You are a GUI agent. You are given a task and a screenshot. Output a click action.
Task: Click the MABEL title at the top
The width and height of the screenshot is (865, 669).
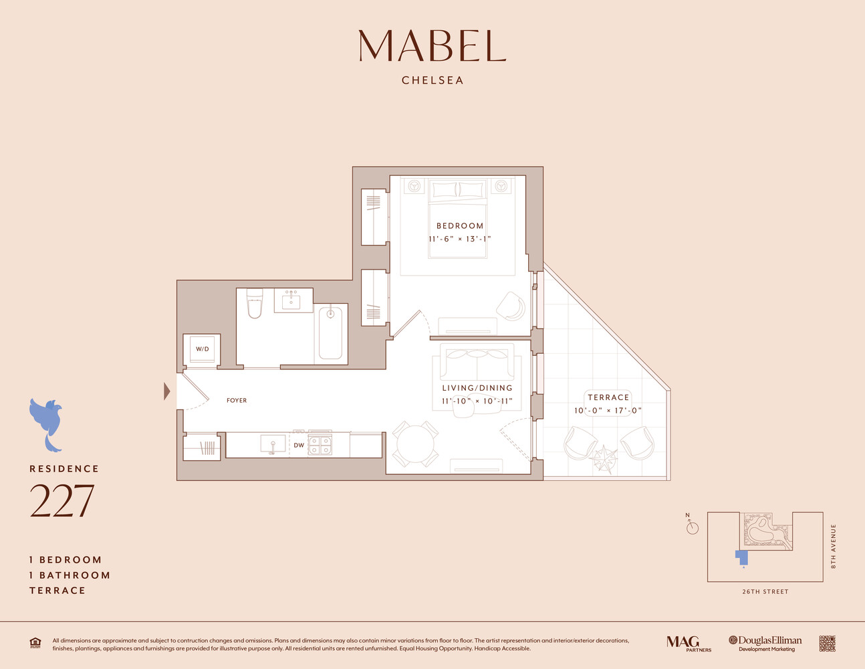(432, 46)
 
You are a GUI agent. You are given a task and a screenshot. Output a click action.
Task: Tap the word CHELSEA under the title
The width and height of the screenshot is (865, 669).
(432, 80)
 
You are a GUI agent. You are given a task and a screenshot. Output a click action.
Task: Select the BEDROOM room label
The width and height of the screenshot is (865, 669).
(460, 226)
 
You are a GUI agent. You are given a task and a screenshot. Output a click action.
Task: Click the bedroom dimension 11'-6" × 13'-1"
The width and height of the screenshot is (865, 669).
(460, 239)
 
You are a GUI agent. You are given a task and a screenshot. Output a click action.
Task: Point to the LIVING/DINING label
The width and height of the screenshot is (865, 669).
(477, 388)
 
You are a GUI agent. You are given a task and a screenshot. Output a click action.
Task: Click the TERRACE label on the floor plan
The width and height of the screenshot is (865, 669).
(608, 397)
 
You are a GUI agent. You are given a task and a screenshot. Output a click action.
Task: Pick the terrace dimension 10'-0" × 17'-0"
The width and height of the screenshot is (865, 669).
(608, 411)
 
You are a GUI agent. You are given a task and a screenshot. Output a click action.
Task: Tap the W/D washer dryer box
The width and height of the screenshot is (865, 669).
(202, 349)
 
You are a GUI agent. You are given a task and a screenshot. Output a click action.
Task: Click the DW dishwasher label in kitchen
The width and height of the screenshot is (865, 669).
(299, 445)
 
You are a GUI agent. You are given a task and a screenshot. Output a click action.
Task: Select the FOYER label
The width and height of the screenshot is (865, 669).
(237, 401)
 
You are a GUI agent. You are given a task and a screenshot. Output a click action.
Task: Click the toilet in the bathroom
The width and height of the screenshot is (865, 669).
(255, 304)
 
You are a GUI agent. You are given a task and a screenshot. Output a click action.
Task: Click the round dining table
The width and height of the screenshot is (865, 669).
(415, 444)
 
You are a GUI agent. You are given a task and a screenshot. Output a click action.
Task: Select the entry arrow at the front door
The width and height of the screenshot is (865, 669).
(167, 391)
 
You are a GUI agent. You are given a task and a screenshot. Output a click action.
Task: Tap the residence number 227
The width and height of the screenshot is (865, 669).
(61, 502)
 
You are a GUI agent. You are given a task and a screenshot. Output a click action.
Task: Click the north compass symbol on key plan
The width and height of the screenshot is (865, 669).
(692, 527)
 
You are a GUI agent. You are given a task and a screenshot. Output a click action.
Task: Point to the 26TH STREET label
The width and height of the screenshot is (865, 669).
(765, 592)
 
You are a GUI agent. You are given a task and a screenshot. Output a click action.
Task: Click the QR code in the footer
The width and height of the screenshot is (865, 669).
(827, 644)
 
